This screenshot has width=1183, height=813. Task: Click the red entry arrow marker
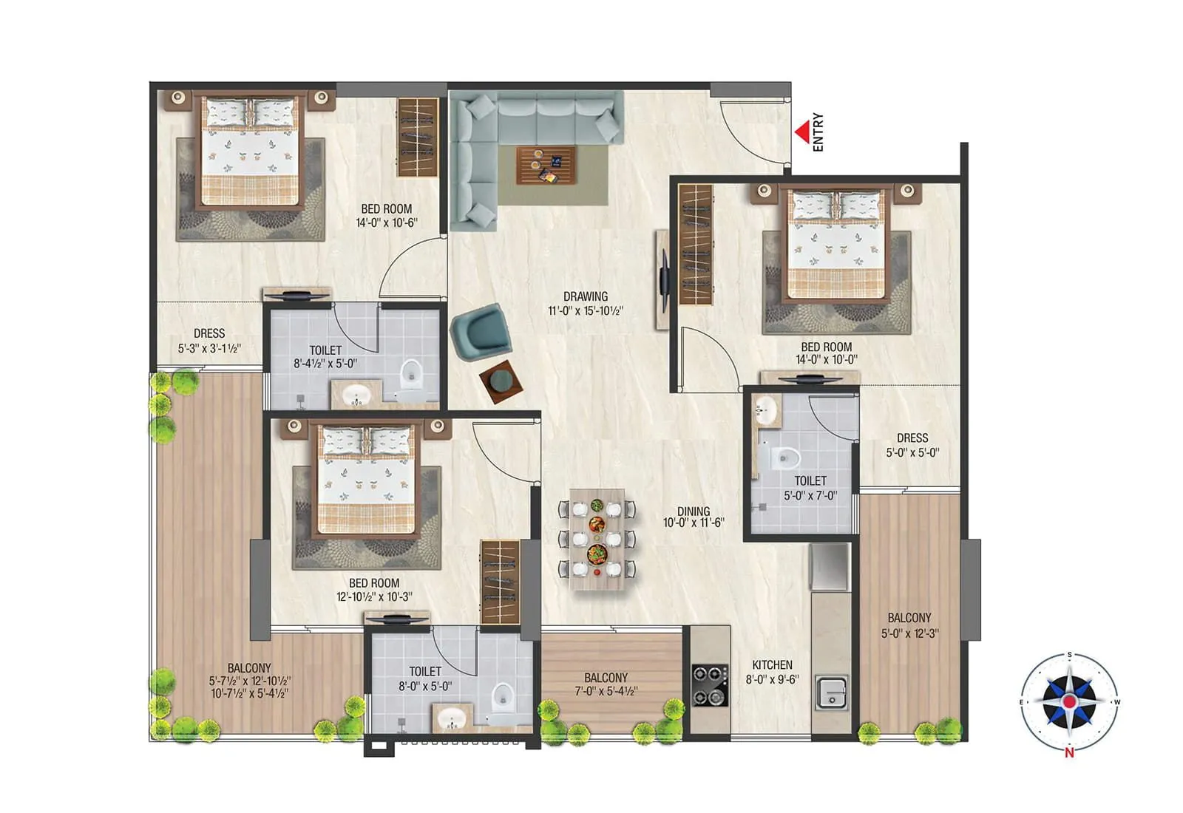(x=801, y=133)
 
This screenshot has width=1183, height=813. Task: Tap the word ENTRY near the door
(x=818, y=132)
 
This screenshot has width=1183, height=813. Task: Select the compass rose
(x=1069, y=701)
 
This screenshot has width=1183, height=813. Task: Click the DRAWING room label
(x=586, y=296)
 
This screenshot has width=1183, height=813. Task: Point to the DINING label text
(x=694, y=511)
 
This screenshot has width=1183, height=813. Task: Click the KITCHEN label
(x=772, y=665)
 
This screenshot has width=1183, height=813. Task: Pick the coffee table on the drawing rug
(x=546, y=166)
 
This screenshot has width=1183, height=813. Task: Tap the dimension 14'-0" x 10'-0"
(x=827, y=360)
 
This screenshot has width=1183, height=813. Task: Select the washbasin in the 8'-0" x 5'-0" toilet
(x=451, y=718)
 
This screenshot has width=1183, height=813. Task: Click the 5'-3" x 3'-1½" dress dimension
(x=209, y=348)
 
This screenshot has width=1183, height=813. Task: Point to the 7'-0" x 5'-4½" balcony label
(x=606, y=691)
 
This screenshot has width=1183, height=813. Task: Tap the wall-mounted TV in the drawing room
(x=664, y=280)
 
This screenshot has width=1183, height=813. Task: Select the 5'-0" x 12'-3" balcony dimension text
(x=909, y=633)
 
